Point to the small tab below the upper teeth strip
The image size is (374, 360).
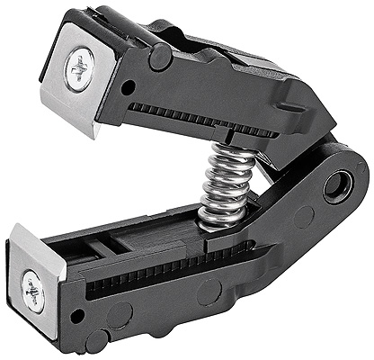click(232, 138)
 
